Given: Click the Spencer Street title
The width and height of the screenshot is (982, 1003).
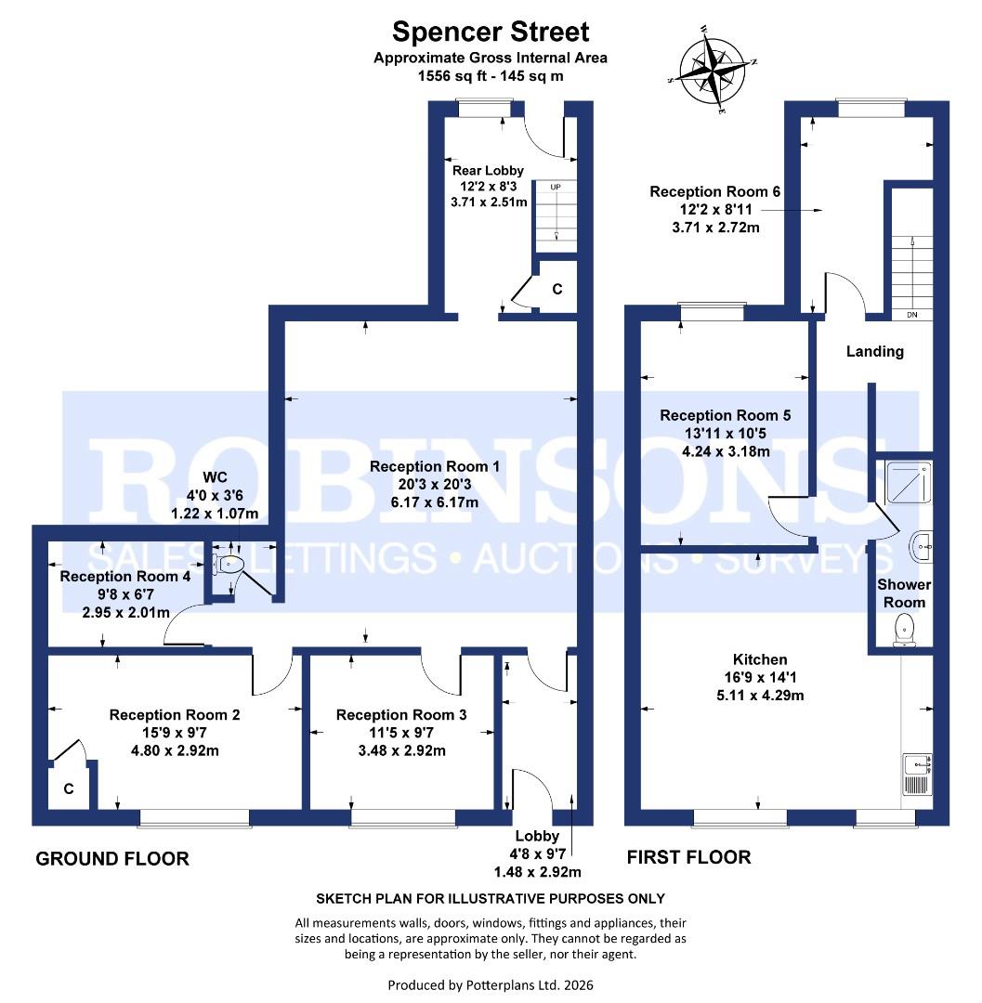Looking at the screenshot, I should coord(491,32).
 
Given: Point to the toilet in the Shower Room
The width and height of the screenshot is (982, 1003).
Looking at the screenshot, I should coord(903,632).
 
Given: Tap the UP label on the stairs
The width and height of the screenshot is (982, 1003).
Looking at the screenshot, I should coord(556,187).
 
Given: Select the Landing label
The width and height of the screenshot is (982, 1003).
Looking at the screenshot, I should coord(874,351).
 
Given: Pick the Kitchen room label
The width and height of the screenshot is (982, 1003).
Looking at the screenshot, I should coord(760,659).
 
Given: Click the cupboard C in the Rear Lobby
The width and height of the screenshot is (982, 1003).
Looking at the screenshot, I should coord(557,290).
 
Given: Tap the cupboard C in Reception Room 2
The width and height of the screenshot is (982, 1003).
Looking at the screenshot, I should coord(69,788).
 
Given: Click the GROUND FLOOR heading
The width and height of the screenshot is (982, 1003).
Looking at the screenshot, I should coord(111,858).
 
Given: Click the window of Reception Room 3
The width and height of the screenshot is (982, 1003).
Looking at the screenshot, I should coord(402,816).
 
